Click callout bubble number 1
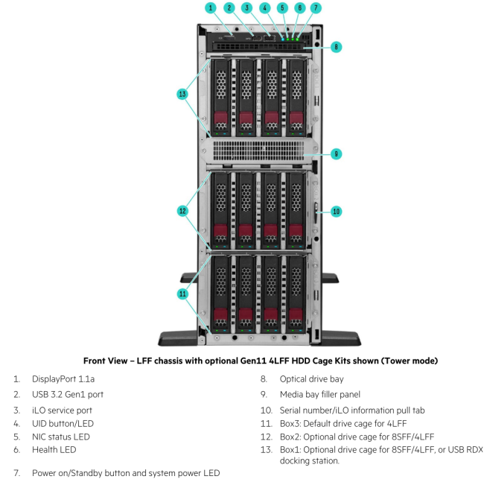[211, 7]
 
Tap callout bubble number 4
[264, 7]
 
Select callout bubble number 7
[316, 7]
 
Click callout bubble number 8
[336, 46]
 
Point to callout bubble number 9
[336, 153]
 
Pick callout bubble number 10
[336, 212]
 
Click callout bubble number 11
[182, 294]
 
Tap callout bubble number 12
[182, 211]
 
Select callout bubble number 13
[182, 94]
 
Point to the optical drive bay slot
[257, 45]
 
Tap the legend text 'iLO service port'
[58, 410]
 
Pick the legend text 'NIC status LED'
[60, 437]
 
